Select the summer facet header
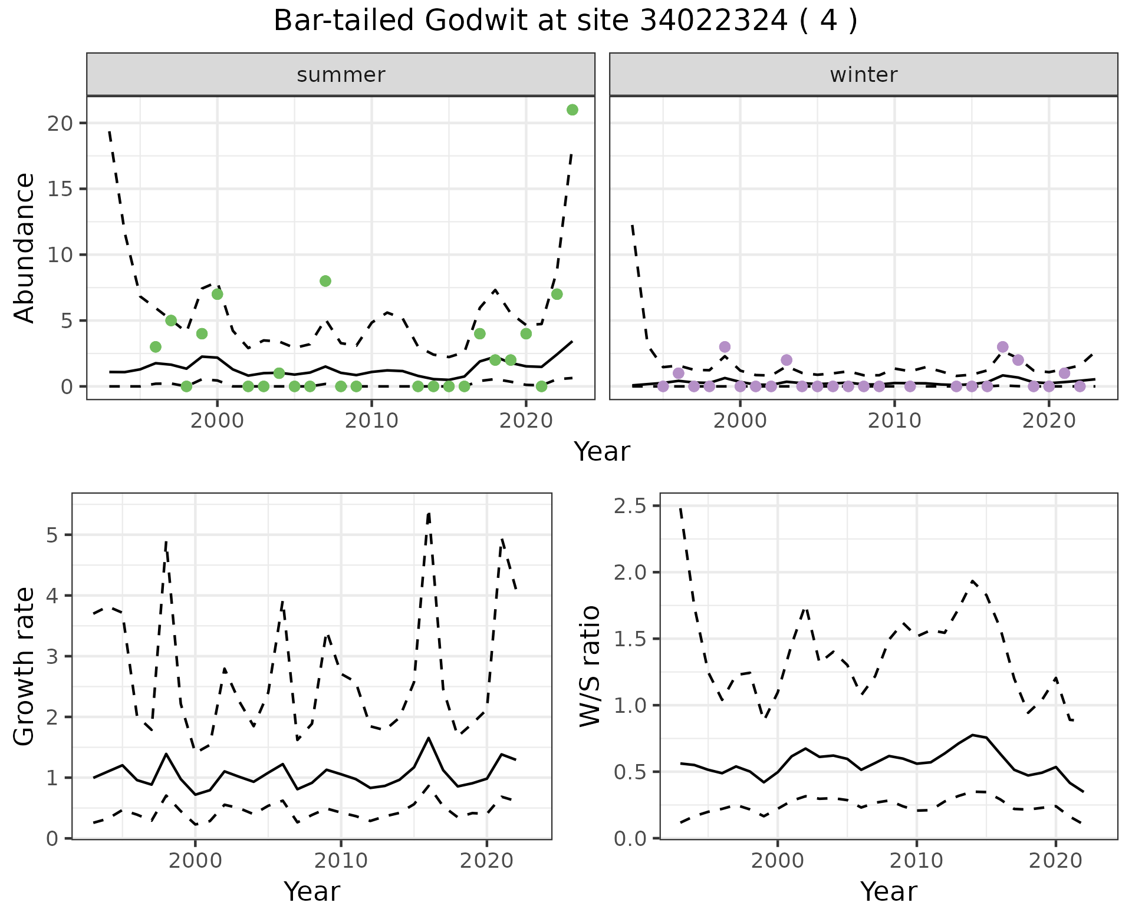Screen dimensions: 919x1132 pos(340,75)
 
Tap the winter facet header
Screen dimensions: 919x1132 pos(863,75)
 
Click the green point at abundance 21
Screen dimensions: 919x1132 pos(572,110)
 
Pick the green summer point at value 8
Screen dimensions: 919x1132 pos(325,281)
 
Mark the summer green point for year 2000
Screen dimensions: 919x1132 pos(217,294)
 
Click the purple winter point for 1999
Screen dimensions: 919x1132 pos(725,346)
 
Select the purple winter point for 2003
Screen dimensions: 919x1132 pos(787,360)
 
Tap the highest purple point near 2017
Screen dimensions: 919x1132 pos(1002,346)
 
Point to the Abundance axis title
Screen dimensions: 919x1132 pos(25,247)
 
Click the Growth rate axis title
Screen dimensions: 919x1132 pos(25,666)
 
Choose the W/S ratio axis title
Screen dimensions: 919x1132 pos(590,666)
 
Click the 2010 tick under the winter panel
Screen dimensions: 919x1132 pos(894,421)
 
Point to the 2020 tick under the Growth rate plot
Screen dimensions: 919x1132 pos(486,861)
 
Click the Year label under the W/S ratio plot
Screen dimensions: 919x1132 pos(889,892)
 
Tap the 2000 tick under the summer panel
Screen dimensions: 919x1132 pos(217,421)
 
